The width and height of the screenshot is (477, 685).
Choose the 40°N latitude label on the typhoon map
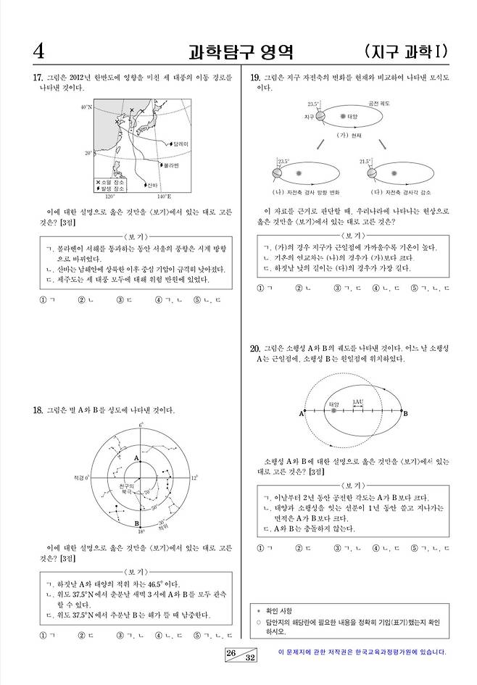pyautogui.click(x=86, y=107)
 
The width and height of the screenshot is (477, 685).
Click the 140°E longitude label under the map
pyautogui.click(x=164, y=196)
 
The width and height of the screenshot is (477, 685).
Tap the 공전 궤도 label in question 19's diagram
pyautogui.click(x=378, y=104)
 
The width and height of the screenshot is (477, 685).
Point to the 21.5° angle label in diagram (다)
pyautogui.click(x=365, y=161)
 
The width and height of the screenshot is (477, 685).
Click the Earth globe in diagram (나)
pyautogui.click(x=275, y=174)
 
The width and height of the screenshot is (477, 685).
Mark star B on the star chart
pyautogui.click(x=136, y=522)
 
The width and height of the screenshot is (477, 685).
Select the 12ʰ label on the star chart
pyautogui.click(x=194, y=478)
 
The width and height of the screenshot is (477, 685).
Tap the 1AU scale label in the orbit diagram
pyautogui.click(x=357, y=402)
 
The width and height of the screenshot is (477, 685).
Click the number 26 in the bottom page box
pyautogui.click(x=231, y=652)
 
